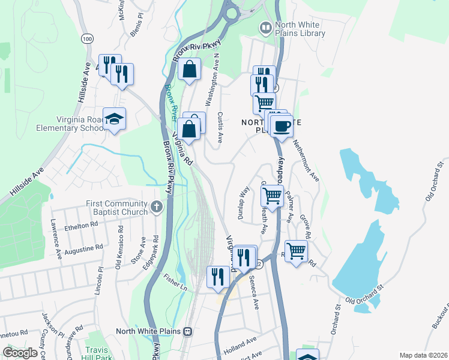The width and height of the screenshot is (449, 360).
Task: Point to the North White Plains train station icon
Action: (x=188, y=331)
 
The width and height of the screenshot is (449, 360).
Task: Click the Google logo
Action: (x=20, y=353)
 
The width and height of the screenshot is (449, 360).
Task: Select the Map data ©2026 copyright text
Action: (x=423, y=355)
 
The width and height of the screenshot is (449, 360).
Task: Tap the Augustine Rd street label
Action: (x=83, y=247)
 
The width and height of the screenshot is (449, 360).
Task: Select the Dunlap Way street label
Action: (x=244, y=203)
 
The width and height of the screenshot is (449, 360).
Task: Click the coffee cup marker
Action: (x=282, y=126)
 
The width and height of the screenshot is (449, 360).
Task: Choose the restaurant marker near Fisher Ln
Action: (x=217, y=276)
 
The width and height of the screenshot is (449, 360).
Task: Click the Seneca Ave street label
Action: (x=255, y=296)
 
